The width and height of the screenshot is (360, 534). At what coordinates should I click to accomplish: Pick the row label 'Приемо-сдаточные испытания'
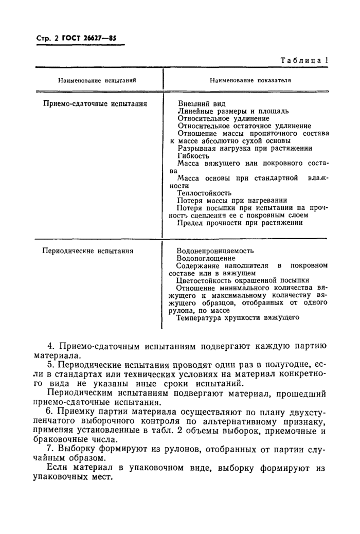(x=95, y=103)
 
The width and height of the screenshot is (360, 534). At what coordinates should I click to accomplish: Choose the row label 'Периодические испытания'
(x=88, y=251)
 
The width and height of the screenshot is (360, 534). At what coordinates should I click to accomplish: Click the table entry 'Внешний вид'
(x=198, y=103)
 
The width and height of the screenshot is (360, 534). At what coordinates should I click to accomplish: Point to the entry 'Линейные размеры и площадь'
(x=232, y=111)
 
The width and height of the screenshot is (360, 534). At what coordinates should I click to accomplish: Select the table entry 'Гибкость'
(x=193, y=155)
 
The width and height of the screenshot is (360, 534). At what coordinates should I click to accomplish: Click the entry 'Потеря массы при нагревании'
(x=232, y=200)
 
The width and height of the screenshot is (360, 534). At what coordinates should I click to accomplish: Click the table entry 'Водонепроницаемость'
(x=215, y=251)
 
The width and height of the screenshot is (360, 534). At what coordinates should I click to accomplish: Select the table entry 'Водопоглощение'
(x=206, y=258)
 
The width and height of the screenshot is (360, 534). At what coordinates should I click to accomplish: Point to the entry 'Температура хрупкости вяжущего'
(x=238, y=318)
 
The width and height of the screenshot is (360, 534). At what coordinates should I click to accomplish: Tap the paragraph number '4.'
(x=50, y=345)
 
